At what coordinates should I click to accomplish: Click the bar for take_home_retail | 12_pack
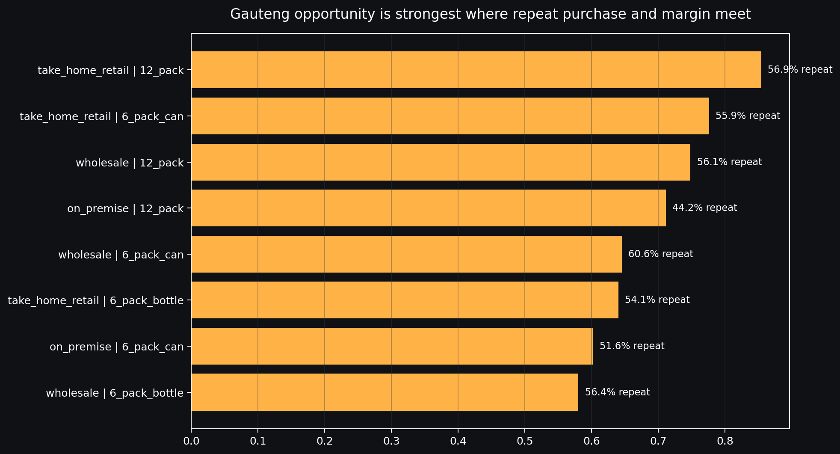point(476,70)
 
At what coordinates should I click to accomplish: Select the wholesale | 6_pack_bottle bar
point(385,392)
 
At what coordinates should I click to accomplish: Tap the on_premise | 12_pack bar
point(428,208)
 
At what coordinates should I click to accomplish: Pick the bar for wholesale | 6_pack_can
point(406,254)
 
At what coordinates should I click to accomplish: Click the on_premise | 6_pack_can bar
point(392,346)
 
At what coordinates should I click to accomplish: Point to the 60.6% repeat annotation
point(660,254)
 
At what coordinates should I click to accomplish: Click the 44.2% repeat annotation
point(704,208)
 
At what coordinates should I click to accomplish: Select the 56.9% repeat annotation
point(800,70)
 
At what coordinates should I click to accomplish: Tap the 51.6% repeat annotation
point(632,346)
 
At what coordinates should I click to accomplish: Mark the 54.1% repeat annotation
point(657,300)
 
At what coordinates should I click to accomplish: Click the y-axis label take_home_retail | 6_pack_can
point(102,116)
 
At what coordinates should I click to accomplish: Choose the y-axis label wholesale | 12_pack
point(130,163)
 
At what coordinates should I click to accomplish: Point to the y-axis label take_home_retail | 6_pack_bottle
point(96,301)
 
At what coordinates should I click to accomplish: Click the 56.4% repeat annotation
point(617,392)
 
